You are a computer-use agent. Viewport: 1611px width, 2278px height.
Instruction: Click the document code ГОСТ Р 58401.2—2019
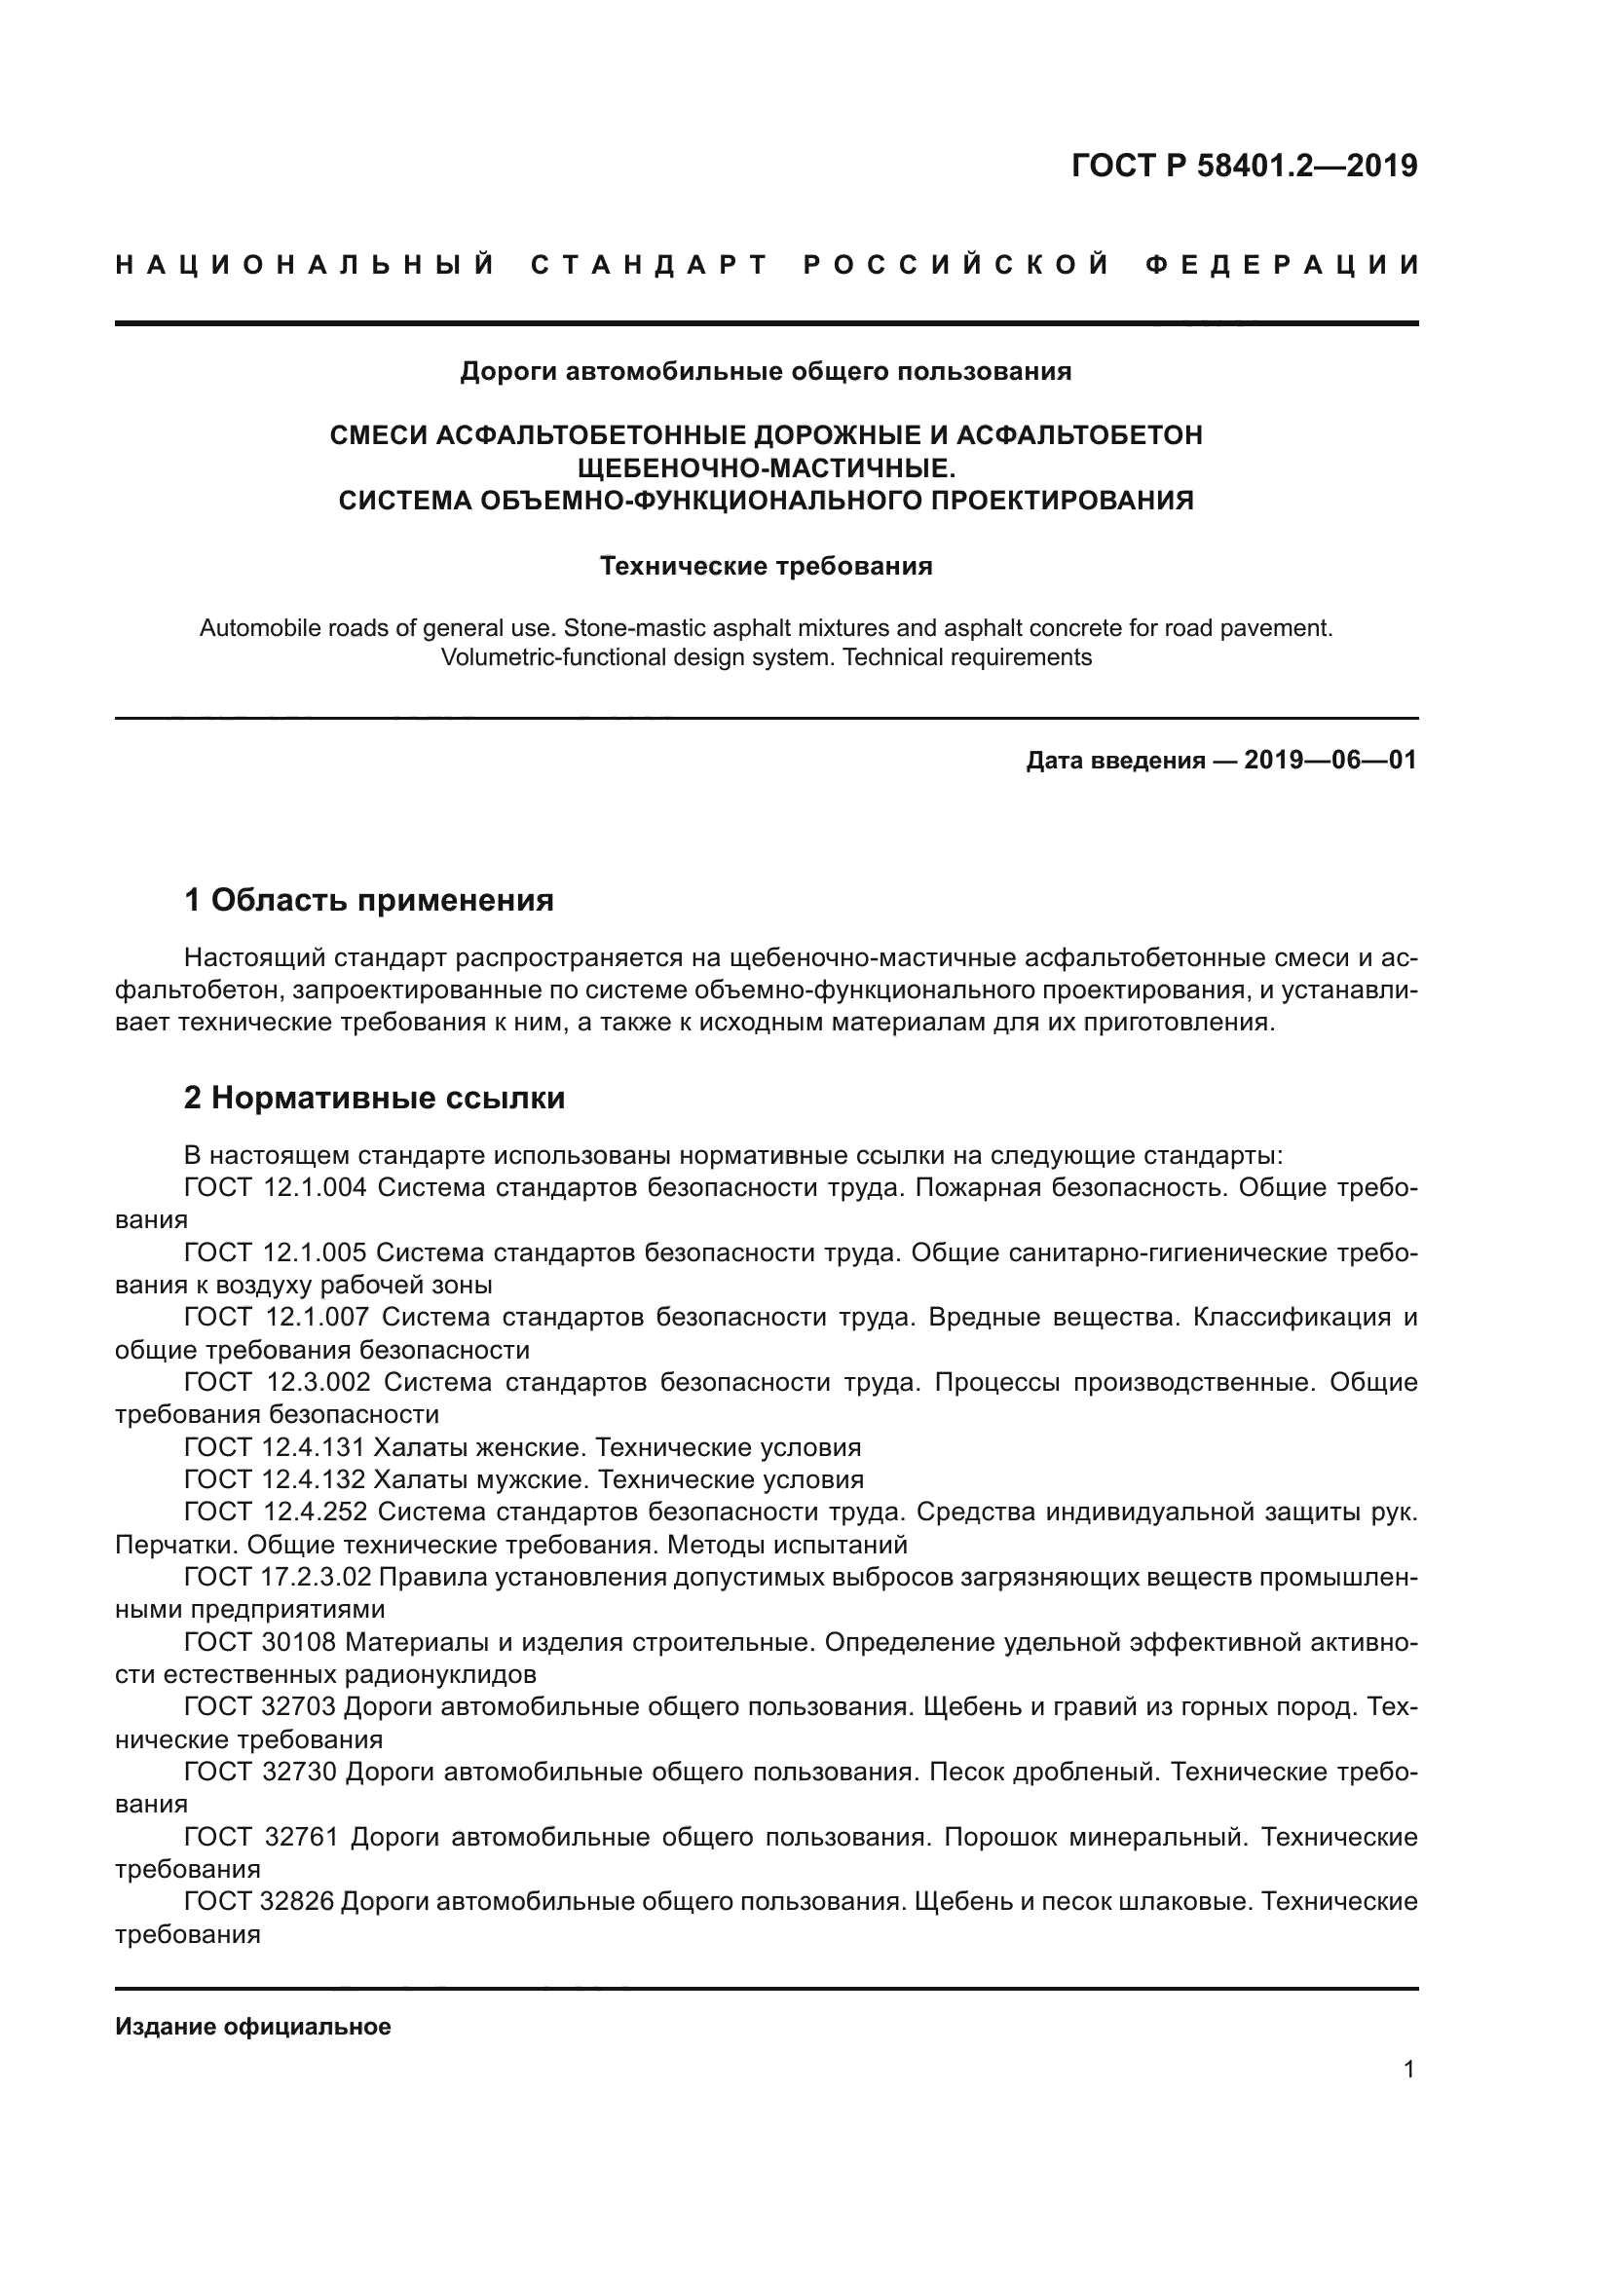[x=1244, y=166]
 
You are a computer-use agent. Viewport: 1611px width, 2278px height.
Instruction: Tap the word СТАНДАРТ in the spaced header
[x=650, y=265]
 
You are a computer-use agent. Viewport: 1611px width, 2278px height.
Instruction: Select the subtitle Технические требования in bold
[x=766, y=566]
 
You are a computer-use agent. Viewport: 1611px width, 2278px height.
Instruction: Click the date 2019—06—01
[x=1330, y=761]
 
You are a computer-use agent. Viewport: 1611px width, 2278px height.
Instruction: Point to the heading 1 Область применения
[x=369, y=900]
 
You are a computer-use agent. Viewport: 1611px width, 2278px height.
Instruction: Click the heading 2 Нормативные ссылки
[x=375, y=1098]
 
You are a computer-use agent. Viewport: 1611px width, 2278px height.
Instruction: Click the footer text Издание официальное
[x=253, y=2027]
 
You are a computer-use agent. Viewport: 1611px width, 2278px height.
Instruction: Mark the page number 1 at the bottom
[x=1408, y=2070]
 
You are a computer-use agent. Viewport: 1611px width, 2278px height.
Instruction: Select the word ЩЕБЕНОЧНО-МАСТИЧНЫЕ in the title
[x=766, y=467]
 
